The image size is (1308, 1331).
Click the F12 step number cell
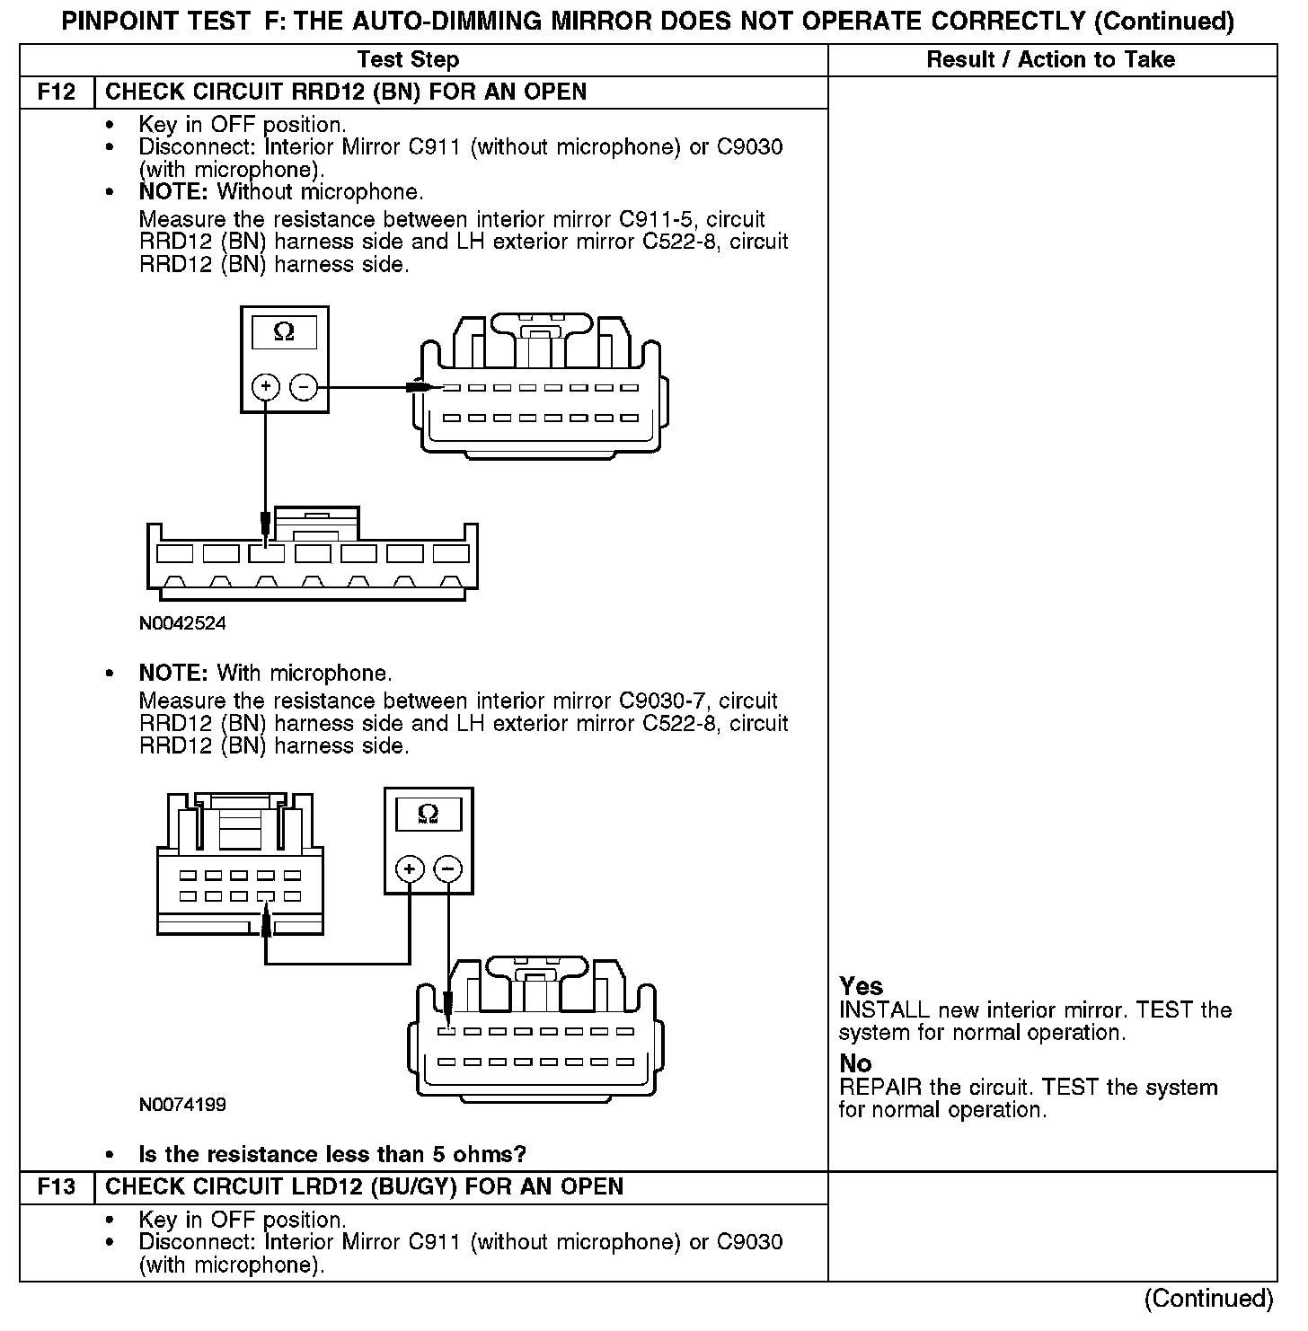coord(56,93)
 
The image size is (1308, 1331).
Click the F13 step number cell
coord(56,1187)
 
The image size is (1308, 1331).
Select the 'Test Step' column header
coord(408,60)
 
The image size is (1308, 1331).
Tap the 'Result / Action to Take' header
coord(1050,60)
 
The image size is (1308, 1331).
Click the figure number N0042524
coord(182,623)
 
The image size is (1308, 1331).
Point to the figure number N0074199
coord(182,1105)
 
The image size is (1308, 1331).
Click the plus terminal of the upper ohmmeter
coord(266,387)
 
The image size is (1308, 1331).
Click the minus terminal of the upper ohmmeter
coord(305,387)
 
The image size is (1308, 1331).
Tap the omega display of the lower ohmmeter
coord(429,815)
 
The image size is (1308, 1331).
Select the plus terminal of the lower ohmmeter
coord(410,869)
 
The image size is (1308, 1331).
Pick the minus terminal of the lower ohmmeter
coord(447,869)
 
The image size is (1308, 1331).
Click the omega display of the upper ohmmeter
coord(284,332)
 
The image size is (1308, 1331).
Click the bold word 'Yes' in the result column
coord(861,986)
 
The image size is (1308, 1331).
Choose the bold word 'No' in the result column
coord(855,1063)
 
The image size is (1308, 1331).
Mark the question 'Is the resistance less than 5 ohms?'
coord(331,1154)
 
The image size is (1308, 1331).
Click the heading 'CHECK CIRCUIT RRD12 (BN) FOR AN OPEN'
coord(346,93)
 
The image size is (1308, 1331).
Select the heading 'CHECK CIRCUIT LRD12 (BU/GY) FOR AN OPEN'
coord(364,1187)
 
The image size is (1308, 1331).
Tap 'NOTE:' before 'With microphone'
coord(174,674)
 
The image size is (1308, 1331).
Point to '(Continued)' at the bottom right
coord(1208,1299)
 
